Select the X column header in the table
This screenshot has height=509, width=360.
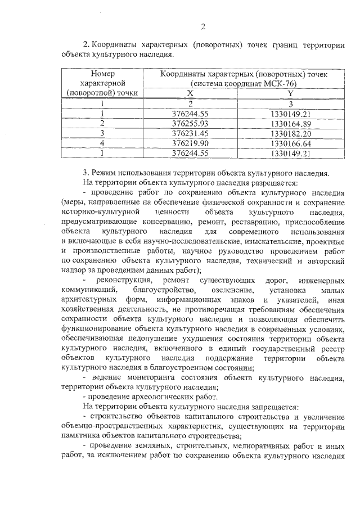point(190,93)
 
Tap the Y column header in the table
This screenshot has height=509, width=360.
point(290,93)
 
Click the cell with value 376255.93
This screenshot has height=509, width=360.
point(190,123)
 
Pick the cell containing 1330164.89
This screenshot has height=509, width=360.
point(290,123)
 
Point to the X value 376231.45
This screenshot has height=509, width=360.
point(190,133)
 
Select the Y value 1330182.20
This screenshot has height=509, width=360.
point(290,133)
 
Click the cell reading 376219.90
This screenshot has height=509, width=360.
point(190,143)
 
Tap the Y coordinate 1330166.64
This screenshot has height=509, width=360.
point(290,143)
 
